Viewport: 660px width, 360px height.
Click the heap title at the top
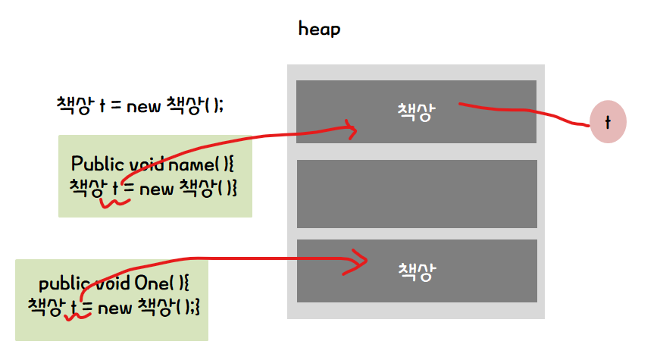pyautogui.click(x=319, y=30)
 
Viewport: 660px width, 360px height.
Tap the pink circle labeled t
pyautogui.click(x=608, y=121)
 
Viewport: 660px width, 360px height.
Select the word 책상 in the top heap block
pyautogui.click(x=416, y=111)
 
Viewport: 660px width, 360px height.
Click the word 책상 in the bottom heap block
pyautogui.click(x=416, y=271)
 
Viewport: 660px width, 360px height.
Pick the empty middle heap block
pyautogui.click(x=416, y=193)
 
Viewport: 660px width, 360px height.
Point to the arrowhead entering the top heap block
pyautogui.click(x=351, y=130)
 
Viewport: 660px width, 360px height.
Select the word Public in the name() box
pyautogui.click(x=92, y=164)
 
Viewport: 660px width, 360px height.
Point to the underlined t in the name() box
pyautogui.click(x=116, y=187)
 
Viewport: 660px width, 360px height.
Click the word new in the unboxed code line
pyautogui.click(x=143, y=106)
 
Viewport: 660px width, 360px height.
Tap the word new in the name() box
pyautogui.click(x=157, y=188)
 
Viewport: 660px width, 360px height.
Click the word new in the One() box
pyautogui.click(x=115, y=308)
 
